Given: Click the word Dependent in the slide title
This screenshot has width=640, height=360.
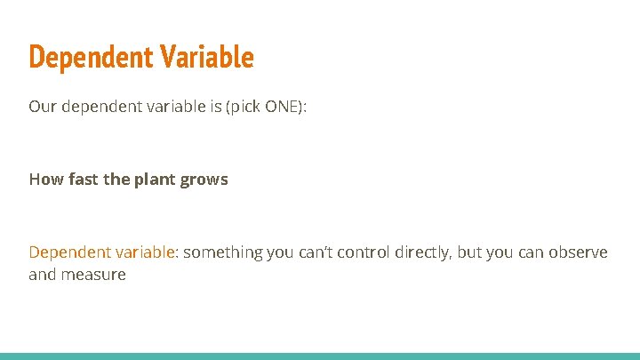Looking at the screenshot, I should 78,57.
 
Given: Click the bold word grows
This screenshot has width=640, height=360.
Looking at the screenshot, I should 204,179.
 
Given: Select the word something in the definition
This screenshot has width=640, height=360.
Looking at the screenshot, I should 224,252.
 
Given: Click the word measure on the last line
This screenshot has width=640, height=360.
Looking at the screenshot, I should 93,275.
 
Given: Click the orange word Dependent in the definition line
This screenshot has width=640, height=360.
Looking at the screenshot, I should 69,252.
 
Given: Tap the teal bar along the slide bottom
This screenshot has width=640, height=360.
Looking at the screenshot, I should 320,356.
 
